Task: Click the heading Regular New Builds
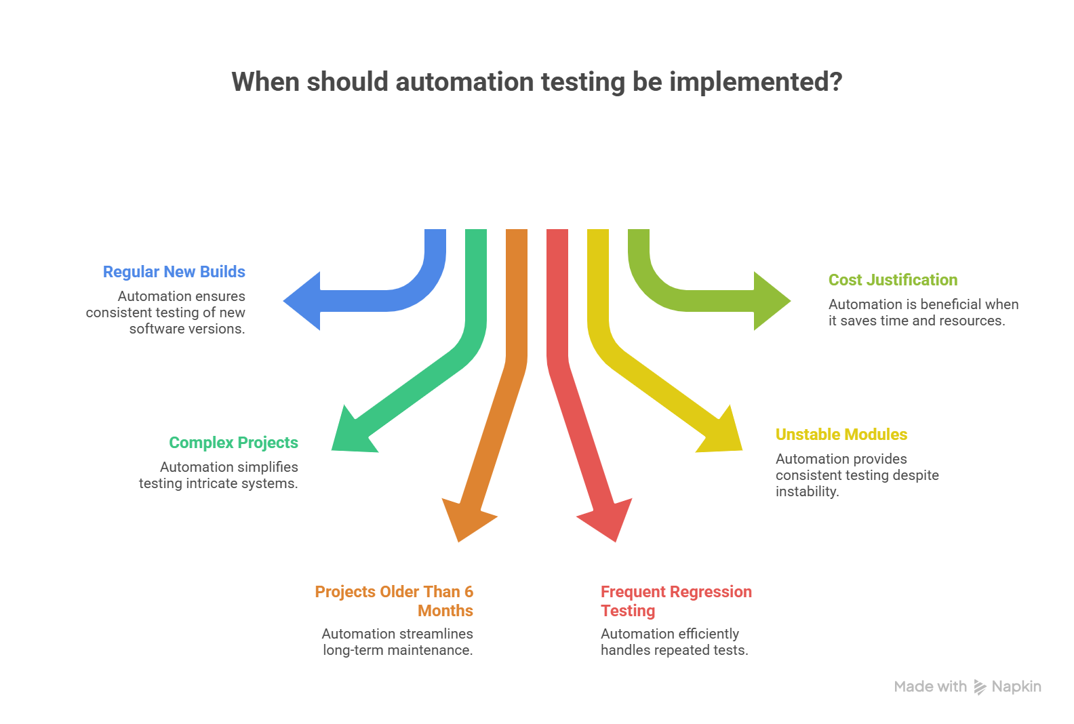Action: pos(174,272)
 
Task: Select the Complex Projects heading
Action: pos(233,443)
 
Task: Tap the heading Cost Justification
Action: pos(892,280)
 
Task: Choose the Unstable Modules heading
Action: pos(841,435)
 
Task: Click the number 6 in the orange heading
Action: pos(469,592)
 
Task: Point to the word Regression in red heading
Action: pos(713,592)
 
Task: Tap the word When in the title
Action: pos(265,82)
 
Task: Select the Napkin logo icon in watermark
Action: pos(980,687)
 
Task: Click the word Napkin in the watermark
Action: pos(1016,687)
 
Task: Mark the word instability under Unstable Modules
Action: pos(807,491)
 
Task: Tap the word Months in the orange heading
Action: pos(445,611)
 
